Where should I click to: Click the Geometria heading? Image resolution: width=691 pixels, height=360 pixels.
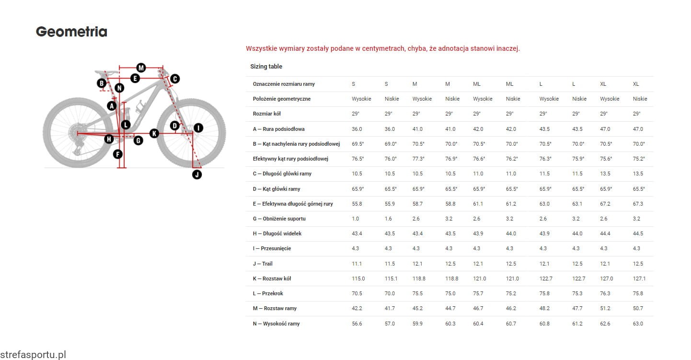pyautogui.click(x=71, y=32)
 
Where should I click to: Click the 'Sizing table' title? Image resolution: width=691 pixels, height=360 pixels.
pyautogui.click(x=266, y=67)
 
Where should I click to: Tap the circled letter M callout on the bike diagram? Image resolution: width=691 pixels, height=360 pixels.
pyautogui.click(x=141, y=68)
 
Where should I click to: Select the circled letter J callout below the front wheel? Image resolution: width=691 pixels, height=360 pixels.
pyautogui.click(x=197, y=174)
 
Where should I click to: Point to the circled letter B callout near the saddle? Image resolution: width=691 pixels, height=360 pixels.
pyautogui.click(x=102, y=83)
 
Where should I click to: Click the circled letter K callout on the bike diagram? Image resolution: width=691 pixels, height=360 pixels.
pyautogui.click(x=154, y=133)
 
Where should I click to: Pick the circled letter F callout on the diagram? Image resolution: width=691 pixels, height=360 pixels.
pyautogui.click(x=118, y=154)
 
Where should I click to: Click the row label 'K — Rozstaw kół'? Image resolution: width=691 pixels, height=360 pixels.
pyautogui.click(x=272, y=279)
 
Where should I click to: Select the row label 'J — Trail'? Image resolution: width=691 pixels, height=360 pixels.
pyautogui.click(x=263, y=264)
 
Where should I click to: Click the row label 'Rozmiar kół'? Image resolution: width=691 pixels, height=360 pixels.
pyautogui.click(x=266, y=114)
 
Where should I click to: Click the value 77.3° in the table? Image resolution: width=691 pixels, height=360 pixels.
pyautogui.click(x=419, y=159)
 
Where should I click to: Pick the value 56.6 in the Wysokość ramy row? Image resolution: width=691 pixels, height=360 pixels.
pyautogui.click(x=357, y=324)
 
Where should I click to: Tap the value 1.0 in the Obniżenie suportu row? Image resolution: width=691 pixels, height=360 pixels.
pyautogui.click(x=356, y=219)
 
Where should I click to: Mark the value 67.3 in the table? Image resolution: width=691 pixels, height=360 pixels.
pyautogui.click(x=638, y=204)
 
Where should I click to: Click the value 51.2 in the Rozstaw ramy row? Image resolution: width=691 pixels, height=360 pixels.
pyautogui.click(x=605, y=308)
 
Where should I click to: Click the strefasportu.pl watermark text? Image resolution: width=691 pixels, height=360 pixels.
pyautogui.click(x=33, y=355)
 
